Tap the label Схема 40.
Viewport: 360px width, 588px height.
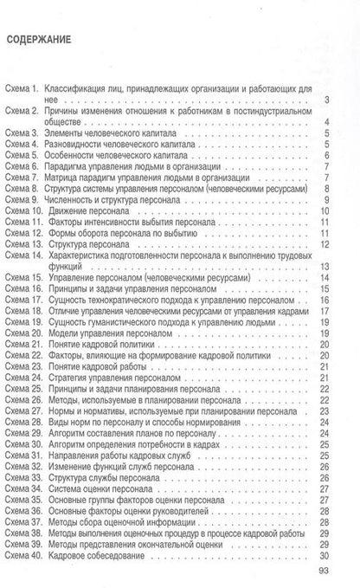(26, 553)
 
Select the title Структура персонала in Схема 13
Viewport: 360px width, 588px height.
(104, 244)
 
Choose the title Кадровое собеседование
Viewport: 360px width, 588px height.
(113, 553)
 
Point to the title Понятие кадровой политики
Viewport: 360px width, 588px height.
(117, 344)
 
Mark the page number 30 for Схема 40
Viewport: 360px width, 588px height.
(344, 553)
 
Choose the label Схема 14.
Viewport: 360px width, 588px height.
(26, 255)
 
